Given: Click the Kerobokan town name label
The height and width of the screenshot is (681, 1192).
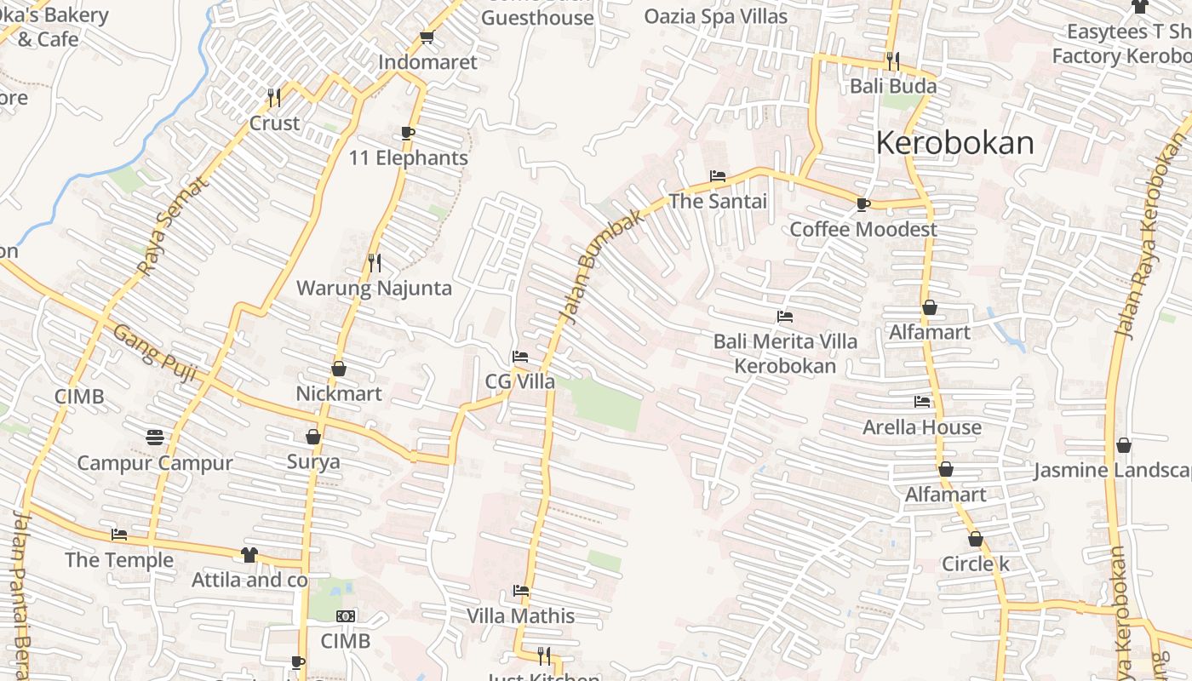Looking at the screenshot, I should point(954,143).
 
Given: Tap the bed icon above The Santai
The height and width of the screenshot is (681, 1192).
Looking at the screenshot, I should point(718,176).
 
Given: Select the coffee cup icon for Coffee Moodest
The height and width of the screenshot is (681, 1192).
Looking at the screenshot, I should point(862,204).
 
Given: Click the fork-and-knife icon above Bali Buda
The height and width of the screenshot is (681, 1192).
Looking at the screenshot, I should point(892,60).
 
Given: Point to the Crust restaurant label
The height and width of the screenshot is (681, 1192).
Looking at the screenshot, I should point(274,123).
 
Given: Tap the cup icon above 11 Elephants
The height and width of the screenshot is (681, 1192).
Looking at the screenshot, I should point(407,133).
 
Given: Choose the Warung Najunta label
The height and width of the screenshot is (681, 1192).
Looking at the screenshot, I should point(374,288).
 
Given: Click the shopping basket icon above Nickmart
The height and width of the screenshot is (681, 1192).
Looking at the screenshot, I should point(339,369).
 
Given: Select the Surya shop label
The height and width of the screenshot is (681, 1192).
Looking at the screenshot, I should point(312,462).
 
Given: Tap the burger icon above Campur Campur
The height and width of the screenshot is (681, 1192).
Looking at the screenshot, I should point(154,438).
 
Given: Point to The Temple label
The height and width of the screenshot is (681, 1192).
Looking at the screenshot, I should point(119,560).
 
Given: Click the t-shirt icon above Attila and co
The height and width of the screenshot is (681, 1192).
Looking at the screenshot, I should point(249,555).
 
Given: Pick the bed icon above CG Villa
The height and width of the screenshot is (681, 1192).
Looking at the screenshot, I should point(519,357).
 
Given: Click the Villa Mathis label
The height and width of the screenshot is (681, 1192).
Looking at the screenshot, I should point(520,615).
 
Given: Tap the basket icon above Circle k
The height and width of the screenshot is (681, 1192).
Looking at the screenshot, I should point(975,539).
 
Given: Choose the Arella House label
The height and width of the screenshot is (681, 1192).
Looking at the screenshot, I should point(922,427).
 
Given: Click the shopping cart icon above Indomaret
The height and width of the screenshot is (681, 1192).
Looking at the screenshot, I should point(427,37).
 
